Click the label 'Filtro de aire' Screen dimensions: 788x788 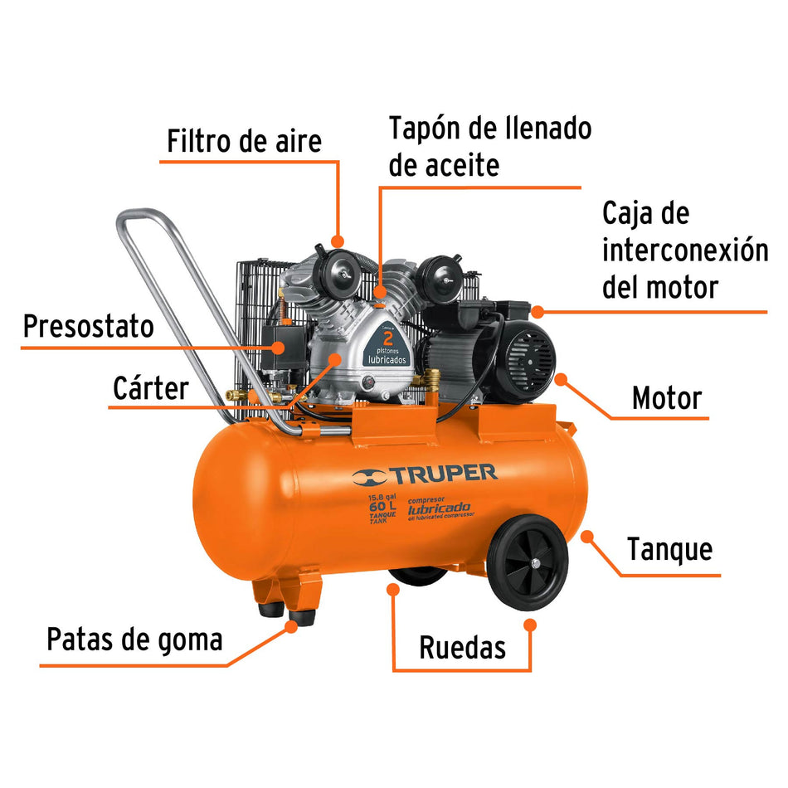244,140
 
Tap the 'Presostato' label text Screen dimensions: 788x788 88,326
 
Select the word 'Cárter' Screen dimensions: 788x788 150,387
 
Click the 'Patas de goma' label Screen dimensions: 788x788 134,640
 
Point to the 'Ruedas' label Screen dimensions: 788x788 462,647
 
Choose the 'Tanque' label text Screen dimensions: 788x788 669,549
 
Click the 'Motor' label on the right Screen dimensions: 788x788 666,398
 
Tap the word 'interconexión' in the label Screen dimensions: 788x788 685,250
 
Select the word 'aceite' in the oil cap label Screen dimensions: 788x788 444,165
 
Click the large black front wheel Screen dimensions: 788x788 528,563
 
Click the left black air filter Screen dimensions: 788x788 339,265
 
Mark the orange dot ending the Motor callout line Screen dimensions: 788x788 561,379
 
